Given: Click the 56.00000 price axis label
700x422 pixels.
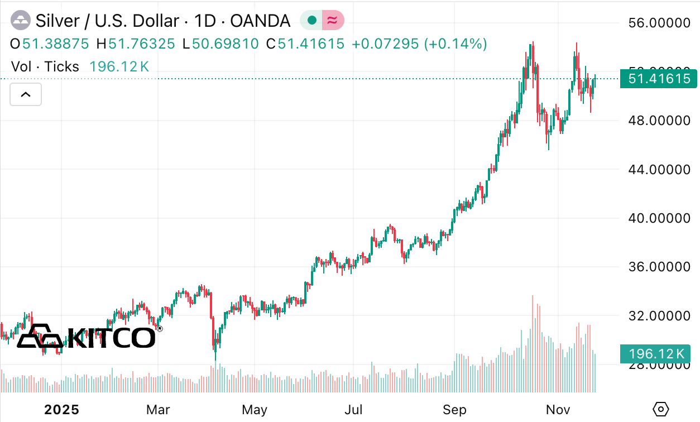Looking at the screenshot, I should (x=659, y=23).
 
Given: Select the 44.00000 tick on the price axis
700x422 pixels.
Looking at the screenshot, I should (x=659, y=169).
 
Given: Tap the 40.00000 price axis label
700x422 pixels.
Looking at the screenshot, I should (x=659, y=218).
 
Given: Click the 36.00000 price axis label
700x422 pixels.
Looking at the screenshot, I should (x=659, y=267).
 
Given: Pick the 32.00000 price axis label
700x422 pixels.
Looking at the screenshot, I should (x=659, y=316).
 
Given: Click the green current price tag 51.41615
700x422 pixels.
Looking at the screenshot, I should (x=659, y=79).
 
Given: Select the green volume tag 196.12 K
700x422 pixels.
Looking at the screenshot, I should (x=656, y=354).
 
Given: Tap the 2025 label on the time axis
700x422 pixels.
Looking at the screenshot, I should (x=61, y=410).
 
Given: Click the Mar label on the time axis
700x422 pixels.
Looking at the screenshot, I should (x=158, y=410).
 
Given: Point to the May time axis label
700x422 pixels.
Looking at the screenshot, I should (x=255, y=410).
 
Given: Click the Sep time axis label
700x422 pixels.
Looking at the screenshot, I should (x=454, y=410).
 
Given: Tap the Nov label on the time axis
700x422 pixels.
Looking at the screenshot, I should (x=558, y=410).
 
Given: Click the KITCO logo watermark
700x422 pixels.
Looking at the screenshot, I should (x=87, y=336).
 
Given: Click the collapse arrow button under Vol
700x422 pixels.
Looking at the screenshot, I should (x=26, y=94).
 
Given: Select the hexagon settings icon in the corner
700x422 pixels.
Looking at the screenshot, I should (x=660, y=409).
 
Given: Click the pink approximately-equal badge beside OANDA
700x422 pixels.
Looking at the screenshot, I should (x=333, y=21).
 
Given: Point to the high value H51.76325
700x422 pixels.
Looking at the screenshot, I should (x=136, y=44).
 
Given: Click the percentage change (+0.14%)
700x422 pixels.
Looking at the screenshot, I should (x=456, y=44).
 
